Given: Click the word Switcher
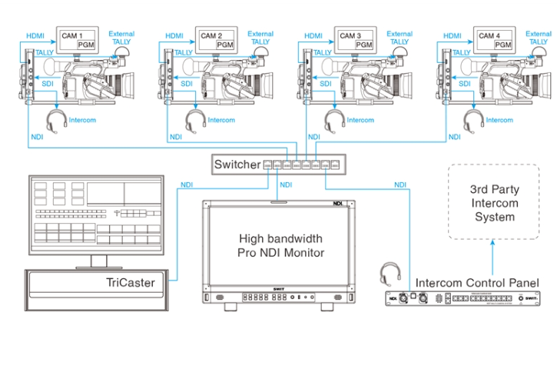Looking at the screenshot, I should (x=237, y=165).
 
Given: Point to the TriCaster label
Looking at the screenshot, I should (x=131, y=283).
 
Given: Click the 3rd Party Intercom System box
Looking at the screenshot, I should (x=494, y=202).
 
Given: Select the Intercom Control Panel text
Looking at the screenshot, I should (x=477, y=282).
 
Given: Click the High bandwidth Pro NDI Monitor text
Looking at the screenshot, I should (x=280, y=245).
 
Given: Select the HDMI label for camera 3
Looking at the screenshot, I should (x=313, y=35).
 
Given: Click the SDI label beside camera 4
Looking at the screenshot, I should (x=465, y=83).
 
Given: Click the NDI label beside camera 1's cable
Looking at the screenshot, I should (x=36, y=137).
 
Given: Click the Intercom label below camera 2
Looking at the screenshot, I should (x=222, y=120).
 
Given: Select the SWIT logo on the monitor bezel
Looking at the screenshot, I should (x=279, y=289).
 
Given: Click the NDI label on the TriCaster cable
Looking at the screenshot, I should (x=186, y=184).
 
